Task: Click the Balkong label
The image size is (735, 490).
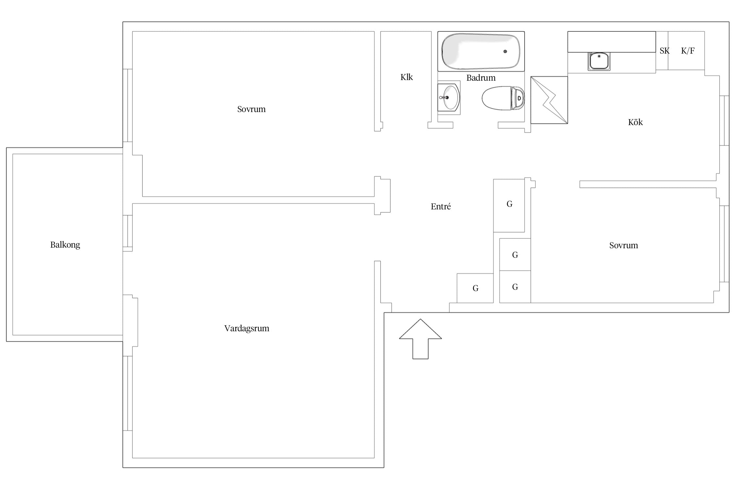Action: [x=65, y=245]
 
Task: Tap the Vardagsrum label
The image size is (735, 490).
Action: [x=247, y=328]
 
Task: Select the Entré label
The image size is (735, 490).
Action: [x=441, y=206]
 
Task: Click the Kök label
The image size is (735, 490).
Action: [x=635, y=122]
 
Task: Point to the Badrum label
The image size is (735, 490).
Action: [x=481, y=78]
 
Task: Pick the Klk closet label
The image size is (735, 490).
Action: [x=407, y=77]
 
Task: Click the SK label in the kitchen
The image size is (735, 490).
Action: [x=664, y=51]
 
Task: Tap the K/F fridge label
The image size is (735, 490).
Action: [x=688, y=51]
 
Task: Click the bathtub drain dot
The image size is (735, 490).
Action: [x=505, y=51]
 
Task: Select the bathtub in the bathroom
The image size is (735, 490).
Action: [x=481, y=51]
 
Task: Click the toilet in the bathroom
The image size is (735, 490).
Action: [x=503, y=98]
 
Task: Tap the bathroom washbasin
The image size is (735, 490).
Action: [x=449, y=97]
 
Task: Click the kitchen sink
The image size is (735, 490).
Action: [x=599, y=61]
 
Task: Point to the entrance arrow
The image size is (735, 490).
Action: [x=420, y=339]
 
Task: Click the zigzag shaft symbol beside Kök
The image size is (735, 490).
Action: [x=549, y=100]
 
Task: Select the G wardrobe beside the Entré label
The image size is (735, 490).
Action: [x=509, y=205]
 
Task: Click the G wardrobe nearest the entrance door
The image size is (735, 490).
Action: [x=475, y=288]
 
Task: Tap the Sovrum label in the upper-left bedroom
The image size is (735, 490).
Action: [x=251, y=109]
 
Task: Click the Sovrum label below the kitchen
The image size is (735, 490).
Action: [x=623, y=245]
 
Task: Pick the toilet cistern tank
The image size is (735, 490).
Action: [x=518, y=98]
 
